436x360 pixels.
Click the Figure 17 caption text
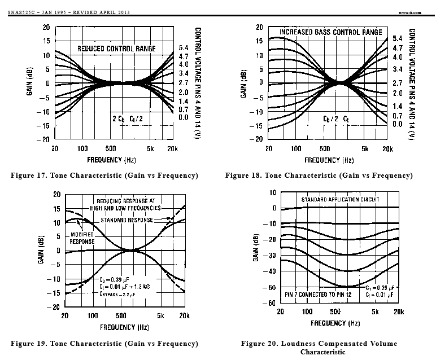104,175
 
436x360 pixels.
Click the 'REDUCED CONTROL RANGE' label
116,49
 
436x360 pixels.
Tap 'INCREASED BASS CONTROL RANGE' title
331,32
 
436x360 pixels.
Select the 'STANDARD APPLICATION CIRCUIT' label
341,199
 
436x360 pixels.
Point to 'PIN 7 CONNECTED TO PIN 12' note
318,295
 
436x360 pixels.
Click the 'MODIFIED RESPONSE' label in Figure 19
82,238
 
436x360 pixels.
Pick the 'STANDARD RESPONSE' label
127,220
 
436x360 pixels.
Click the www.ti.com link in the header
409,12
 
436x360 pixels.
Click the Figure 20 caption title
319,348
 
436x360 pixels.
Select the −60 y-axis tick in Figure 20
269,303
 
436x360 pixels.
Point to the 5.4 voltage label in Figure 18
398,38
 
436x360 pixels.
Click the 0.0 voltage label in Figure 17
184,117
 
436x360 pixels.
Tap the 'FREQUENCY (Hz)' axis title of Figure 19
125,327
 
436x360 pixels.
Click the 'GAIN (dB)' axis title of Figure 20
256,248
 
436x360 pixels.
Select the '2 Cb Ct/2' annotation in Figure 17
128,119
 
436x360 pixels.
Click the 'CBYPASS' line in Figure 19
117,294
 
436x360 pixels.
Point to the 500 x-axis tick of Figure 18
325,149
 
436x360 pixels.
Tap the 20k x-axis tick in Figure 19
184,315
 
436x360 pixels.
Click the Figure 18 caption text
319,175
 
